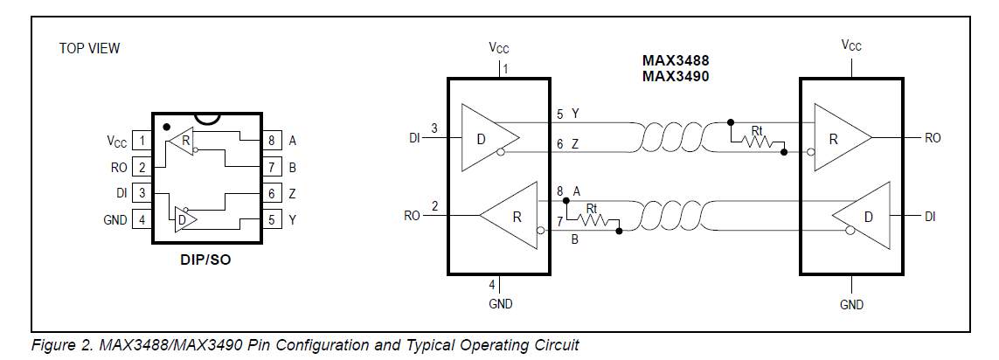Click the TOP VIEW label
[89, 48]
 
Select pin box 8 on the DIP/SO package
[272, 140]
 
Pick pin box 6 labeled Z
[272, 193]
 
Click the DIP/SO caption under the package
[205, 260]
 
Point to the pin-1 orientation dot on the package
[166, 127]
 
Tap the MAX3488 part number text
[674, 61]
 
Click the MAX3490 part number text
[674, 76]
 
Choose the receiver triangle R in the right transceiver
[839, 137]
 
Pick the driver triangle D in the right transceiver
[865, 215]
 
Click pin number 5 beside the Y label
[559, 114]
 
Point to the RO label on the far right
[933, 138]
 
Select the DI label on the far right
[930, 216]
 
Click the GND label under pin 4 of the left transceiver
[501, 304]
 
